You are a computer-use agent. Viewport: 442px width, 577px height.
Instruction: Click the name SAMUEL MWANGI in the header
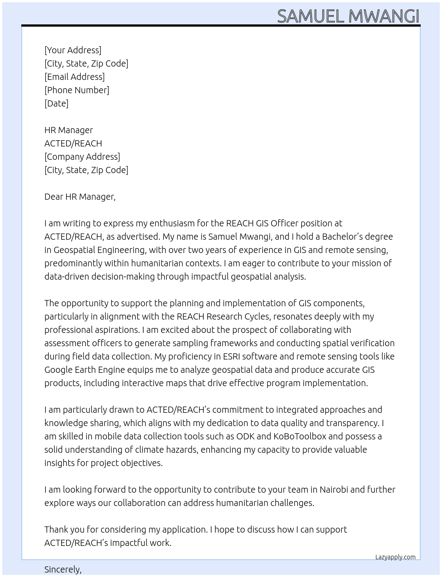coord(348,16)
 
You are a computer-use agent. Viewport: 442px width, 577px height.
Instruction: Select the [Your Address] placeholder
coord(73,50)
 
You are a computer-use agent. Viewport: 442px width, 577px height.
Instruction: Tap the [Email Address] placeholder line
coord(75,77)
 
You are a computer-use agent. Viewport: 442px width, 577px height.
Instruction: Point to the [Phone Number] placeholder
coord(77,90)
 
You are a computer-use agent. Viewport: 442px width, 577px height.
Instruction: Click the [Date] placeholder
coord(56,103)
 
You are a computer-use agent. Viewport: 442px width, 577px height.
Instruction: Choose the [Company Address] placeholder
coord(82,157)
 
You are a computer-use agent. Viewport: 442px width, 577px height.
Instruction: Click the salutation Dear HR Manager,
coord(80,197)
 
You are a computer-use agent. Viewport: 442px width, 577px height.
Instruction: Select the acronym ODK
coord(245,436)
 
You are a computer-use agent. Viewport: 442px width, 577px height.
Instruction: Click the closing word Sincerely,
coord(63,569)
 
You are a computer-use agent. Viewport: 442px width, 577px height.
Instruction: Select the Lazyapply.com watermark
coord(395,557)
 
